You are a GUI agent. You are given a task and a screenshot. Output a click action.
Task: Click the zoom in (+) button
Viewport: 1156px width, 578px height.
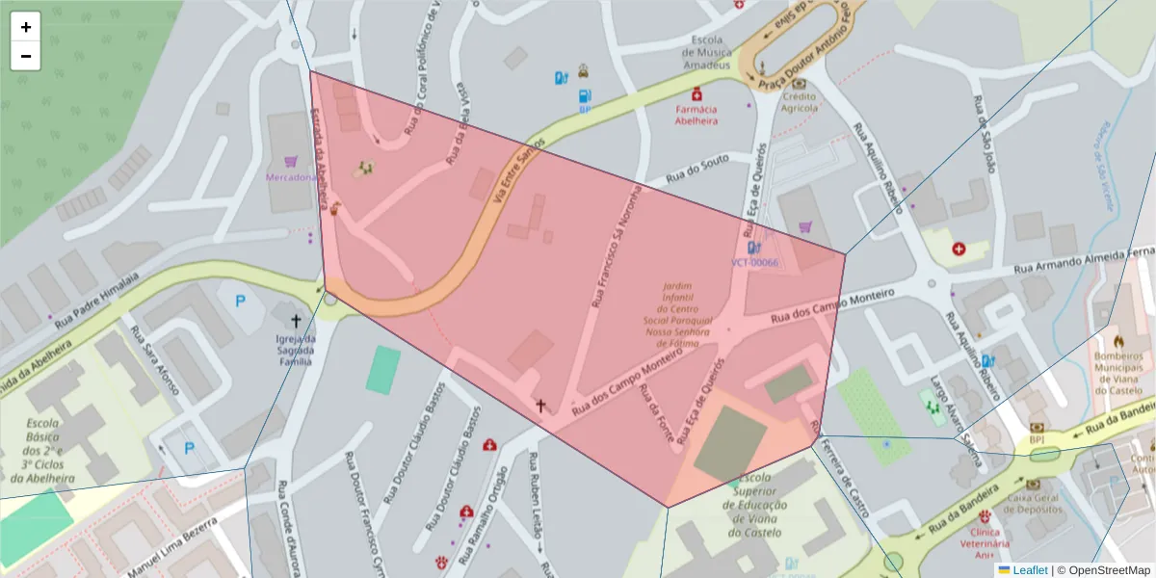[26, 27]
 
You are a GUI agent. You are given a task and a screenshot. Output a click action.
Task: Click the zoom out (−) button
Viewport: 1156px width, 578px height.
[26, 56]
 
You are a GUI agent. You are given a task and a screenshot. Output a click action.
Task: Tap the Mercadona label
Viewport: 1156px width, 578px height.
[291, 177]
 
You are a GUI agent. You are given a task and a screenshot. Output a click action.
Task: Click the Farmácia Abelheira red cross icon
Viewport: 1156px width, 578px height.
[696, 94]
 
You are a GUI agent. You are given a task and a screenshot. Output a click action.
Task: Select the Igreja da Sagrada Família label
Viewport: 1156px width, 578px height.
[296, 350]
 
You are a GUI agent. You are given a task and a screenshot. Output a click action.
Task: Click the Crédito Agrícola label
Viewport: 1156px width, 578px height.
[799, 102]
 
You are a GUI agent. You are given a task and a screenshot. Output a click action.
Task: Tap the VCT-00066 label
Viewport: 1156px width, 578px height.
[754, 262]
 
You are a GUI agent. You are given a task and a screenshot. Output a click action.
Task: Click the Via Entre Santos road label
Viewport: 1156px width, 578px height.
[518, 170]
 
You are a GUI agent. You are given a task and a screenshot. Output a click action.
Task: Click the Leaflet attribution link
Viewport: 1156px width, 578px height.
[1029, 570]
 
